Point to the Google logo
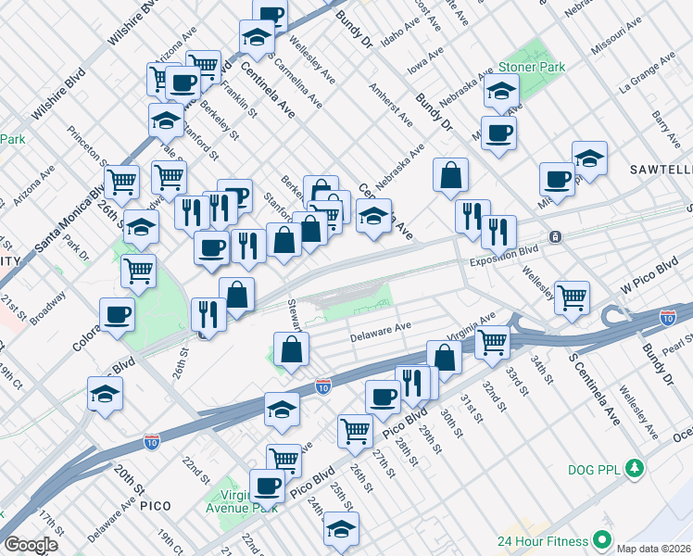coord(31,545)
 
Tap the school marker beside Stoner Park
coord(501,91)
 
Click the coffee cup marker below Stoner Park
coord(498,133)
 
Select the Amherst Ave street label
coord(391,103)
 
